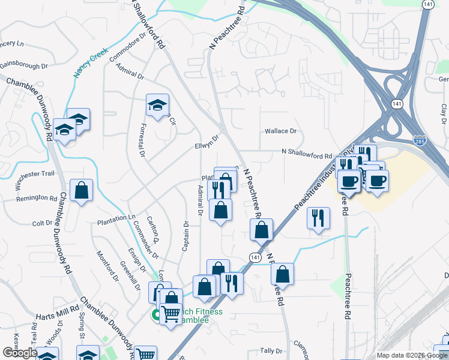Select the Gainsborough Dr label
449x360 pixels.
point(23,66)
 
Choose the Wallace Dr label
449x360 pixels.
point(281,131)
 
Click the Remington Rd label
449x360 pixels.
point(32,198)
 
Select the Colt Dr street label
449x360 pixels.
point(42,223)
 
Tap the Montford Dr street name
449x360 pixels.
point(106,264)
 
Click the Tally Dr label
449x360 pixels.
point(271,350)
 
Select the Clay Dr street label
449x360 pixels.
point(444,111)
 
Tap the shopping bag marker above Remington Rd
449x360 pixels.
point(81,191)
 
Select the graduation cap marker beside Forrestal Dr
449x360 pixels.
point(157,105)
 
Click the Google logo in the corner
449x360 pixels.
point(20,353)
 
